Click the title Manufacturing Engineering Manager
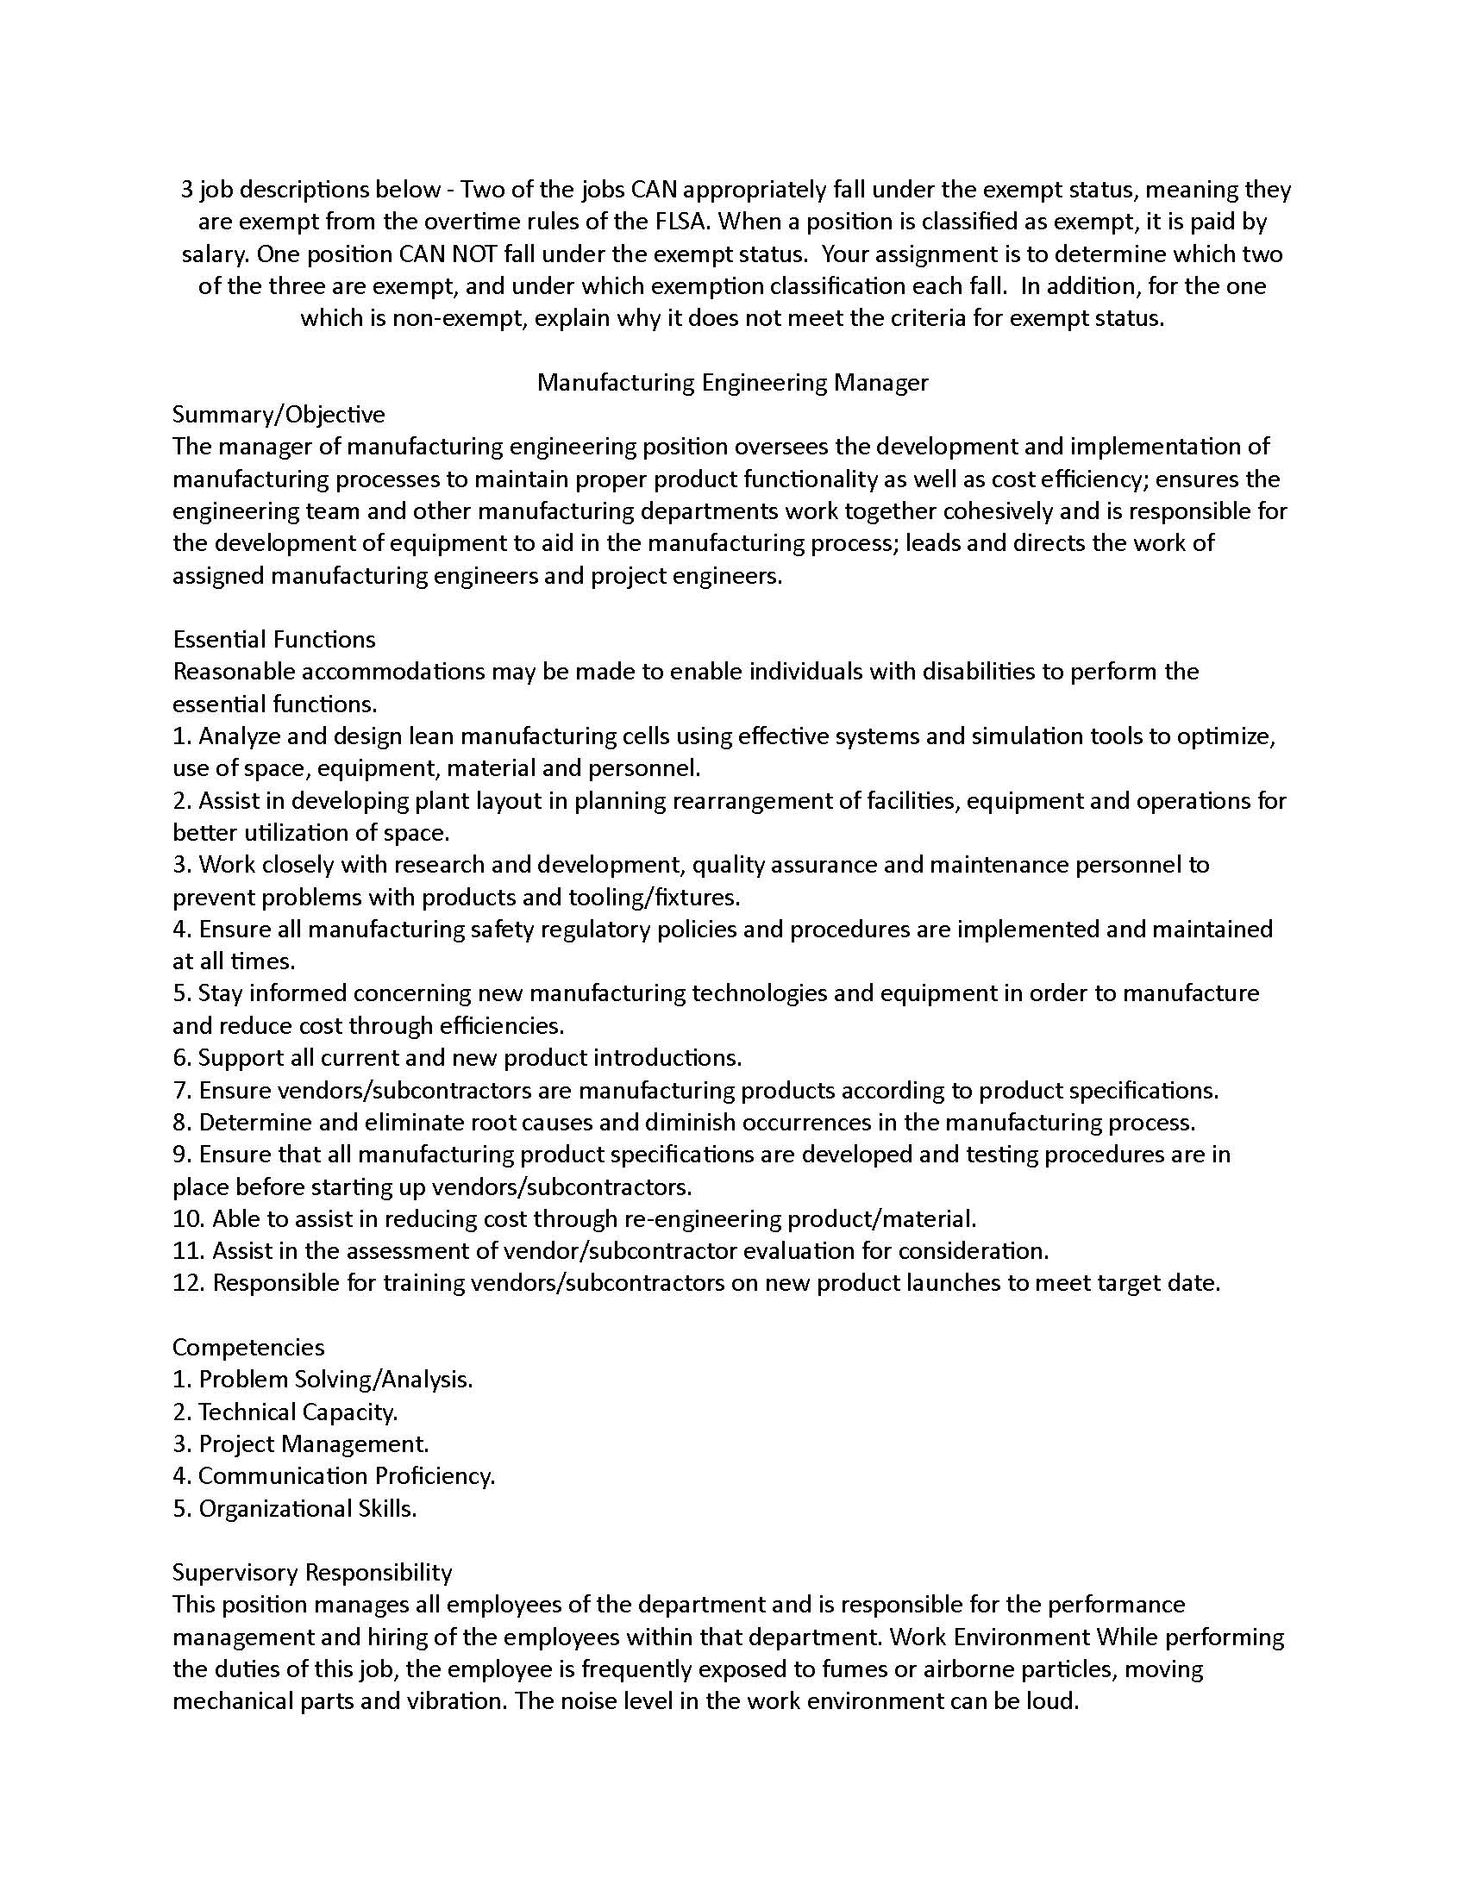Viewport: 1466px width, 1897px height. [732, 382]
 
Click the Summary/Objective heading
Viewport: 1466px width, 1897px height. [278, 414]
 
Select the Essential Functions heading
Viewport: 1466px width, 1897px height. [273, 639]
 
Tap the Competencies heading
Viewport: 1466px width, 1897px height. [248, 1347]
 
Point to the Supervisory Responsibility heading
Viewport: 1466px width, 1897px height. [312, 1572]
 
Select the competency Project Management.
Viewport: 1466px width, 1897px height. [314, 1443]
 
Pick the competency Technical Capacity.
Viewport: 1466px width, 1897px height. [298, 1412]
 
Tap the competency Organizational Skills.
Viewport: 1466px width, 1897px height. [308, 1508]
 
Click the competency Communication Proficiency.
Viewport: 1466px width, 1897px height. [347, 1475]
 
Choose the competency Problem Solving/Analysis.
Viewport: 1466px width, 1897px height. [335, 1380]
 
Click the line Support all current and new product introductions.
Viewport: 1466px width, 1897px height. [469, 1058]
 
